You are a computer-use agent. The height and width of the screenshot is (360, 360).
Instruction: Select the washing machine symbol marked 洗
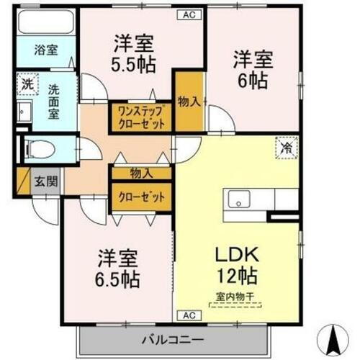pyautogui.click(x=26, y=84)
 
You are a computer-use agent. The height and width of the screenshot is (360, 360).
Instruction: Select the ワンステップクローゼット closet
pyautogui.click(x=141, y=117)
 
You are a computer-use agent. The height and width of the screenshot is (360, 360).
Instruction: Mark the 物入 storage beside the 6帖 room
pyautogui.click(x=189, y=102)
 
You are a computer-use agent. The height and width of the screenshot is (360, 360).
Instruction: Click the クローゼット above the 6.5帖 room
pyautogui.click(x=141, y=196)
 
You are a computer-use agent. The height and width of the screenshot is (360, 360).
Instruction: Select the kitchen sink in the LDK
pyautogui.click(x=238, y=199)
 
